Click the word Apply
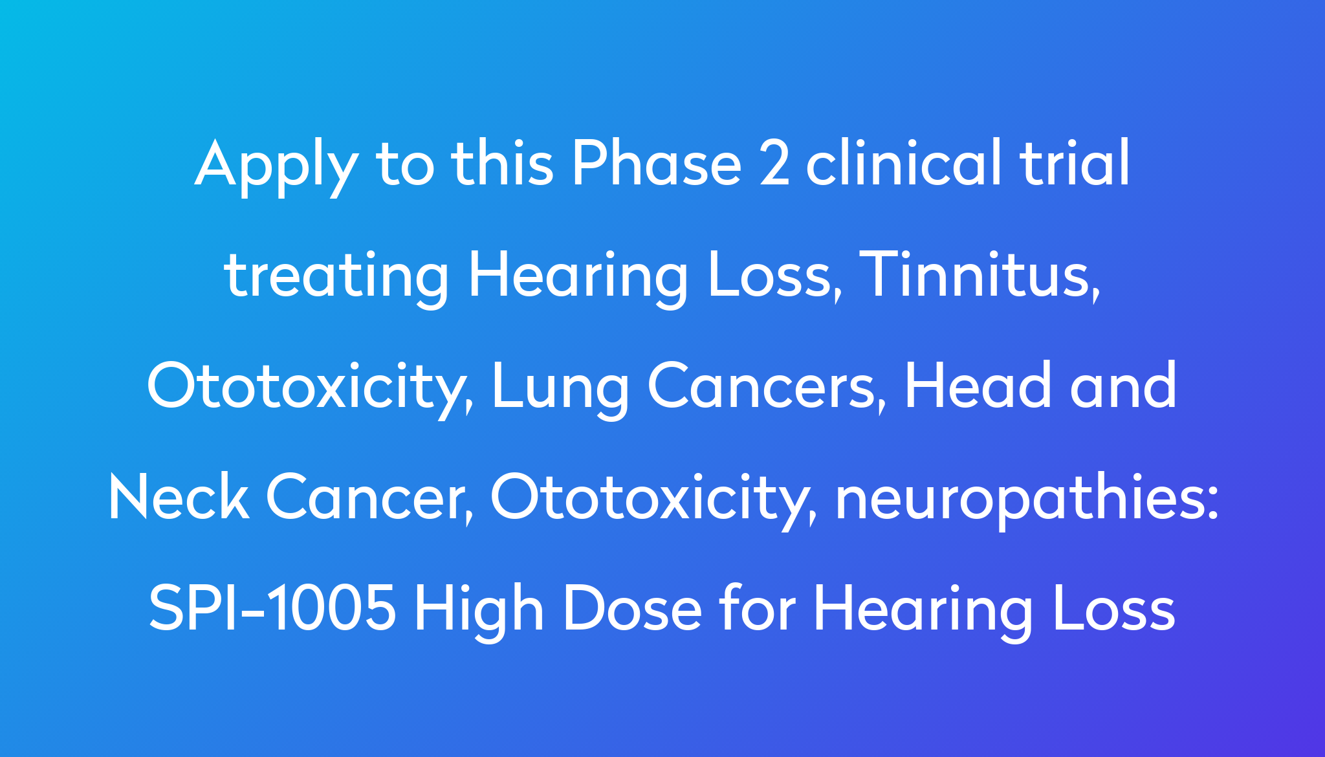[277, 166]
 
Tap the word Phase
[657, 162]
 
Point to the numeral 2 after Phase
[774, 162]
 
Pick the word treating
[336, 277]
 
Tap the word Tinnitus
[980, 275]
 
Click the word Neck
[179, 496]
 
